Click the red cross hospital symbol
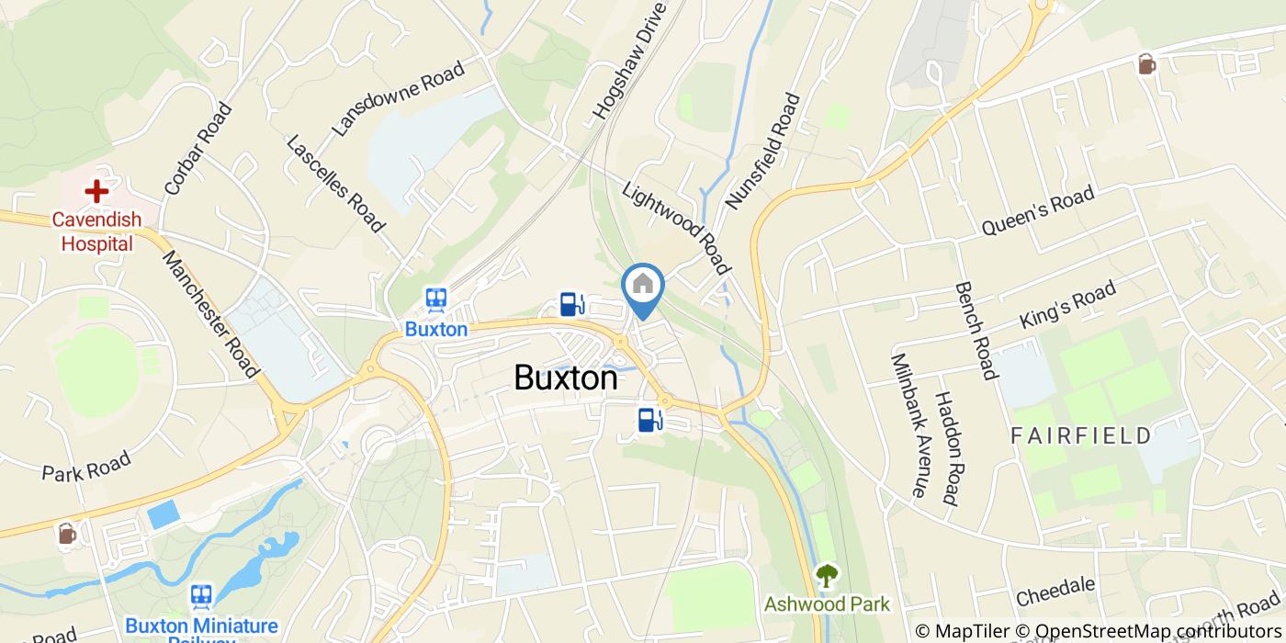pyautogui.click(x=96, y=191)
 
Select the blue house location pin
pyautogui.click(x=643, y=288)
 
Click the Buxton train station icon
pyautogui.click(x=436, y=299)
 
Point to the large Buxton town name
pyautogui.click(x=565, y=378)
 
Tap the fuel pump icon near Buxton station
pyautogui.click(x=572, y=304)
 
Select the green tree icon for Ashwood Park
pyautogui.click(x=828, y=576)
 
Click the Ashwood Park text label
pyautogui.click(x=828, y=604)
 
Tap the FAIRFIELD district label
pyautogui.click(x=1081, y=435)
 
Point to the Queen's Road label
pyautogui.click(x=1037, y=212)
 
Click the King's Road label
pyautogui.click(x=1067, y=306)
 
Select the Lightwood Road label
pyautogui.click(x=676, y=227)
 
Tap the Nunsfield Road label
pyautogui.click(x=763, y=150)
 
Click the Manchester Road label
pyautogui.click(x=209, y=313)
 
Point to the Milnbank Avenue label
pyautogui.click(x=906, y=425)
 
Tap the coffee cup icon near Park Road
pyautogui.click(x=66, y=534)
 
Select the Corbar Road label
pyautogui.click(x=197, y=149)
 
